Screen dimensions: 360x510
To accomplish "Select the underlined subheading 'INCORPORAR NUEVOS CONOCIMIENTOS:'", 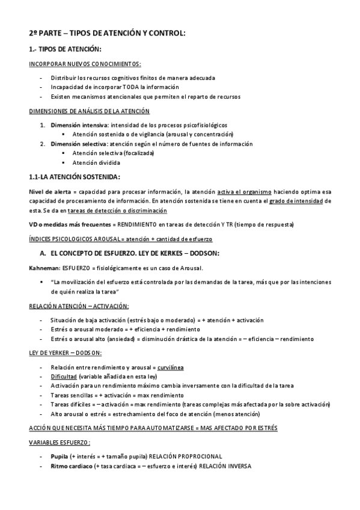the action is click(x=85, y=64).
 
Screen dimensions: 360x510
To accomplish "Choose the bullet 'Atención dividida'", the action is click(x=96, y=162).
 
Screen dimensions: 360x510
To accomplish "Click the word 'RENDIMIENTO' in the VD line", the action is click(x=129, y=224).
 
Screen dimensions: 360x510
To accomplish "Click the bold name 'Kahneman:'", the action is click(x=43, y=268).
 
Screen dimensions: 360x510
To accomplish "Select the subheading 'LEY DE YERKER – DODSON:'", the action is click(x=66, y=352).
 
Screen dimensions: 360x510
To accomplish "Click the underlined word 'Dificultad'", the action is click(x=64, y=376).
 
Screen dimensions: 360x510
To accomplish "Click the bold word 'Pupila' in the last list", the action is click(x=59, y=456).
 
